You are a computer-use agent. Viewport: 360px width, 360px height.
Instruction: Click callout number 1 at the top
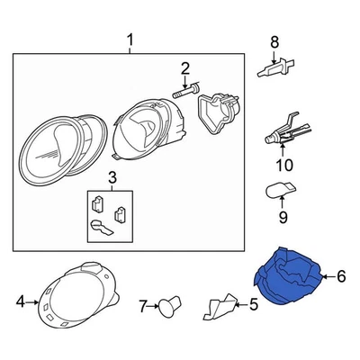point(130,40)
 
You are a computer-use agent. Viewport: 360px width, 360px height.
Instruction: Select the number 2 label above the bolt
point(185,68)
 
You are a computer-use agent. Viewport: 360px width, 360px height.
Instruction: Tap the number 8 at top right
point(275,40)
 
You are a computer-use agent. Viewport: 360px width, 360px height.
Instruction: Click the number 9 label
point(281,216)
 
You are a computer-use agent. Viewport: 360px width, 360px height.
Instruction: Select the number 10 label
point(284,165)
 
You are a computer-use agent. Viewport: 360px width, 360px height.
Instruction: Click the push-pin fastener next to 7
point(165,309)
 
